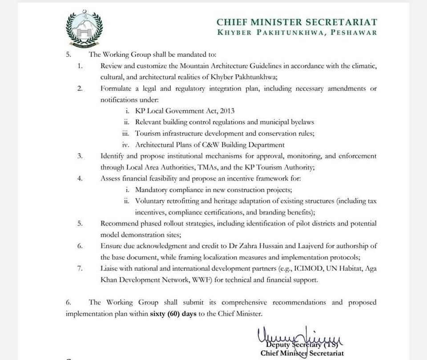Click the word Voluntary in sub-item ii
[x=151, y=201]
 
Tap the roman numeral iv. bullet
[x=126, y=145]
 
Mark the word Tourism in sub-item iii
[x=148, y=133]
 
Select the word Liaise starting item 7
[x=110, y=269]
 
